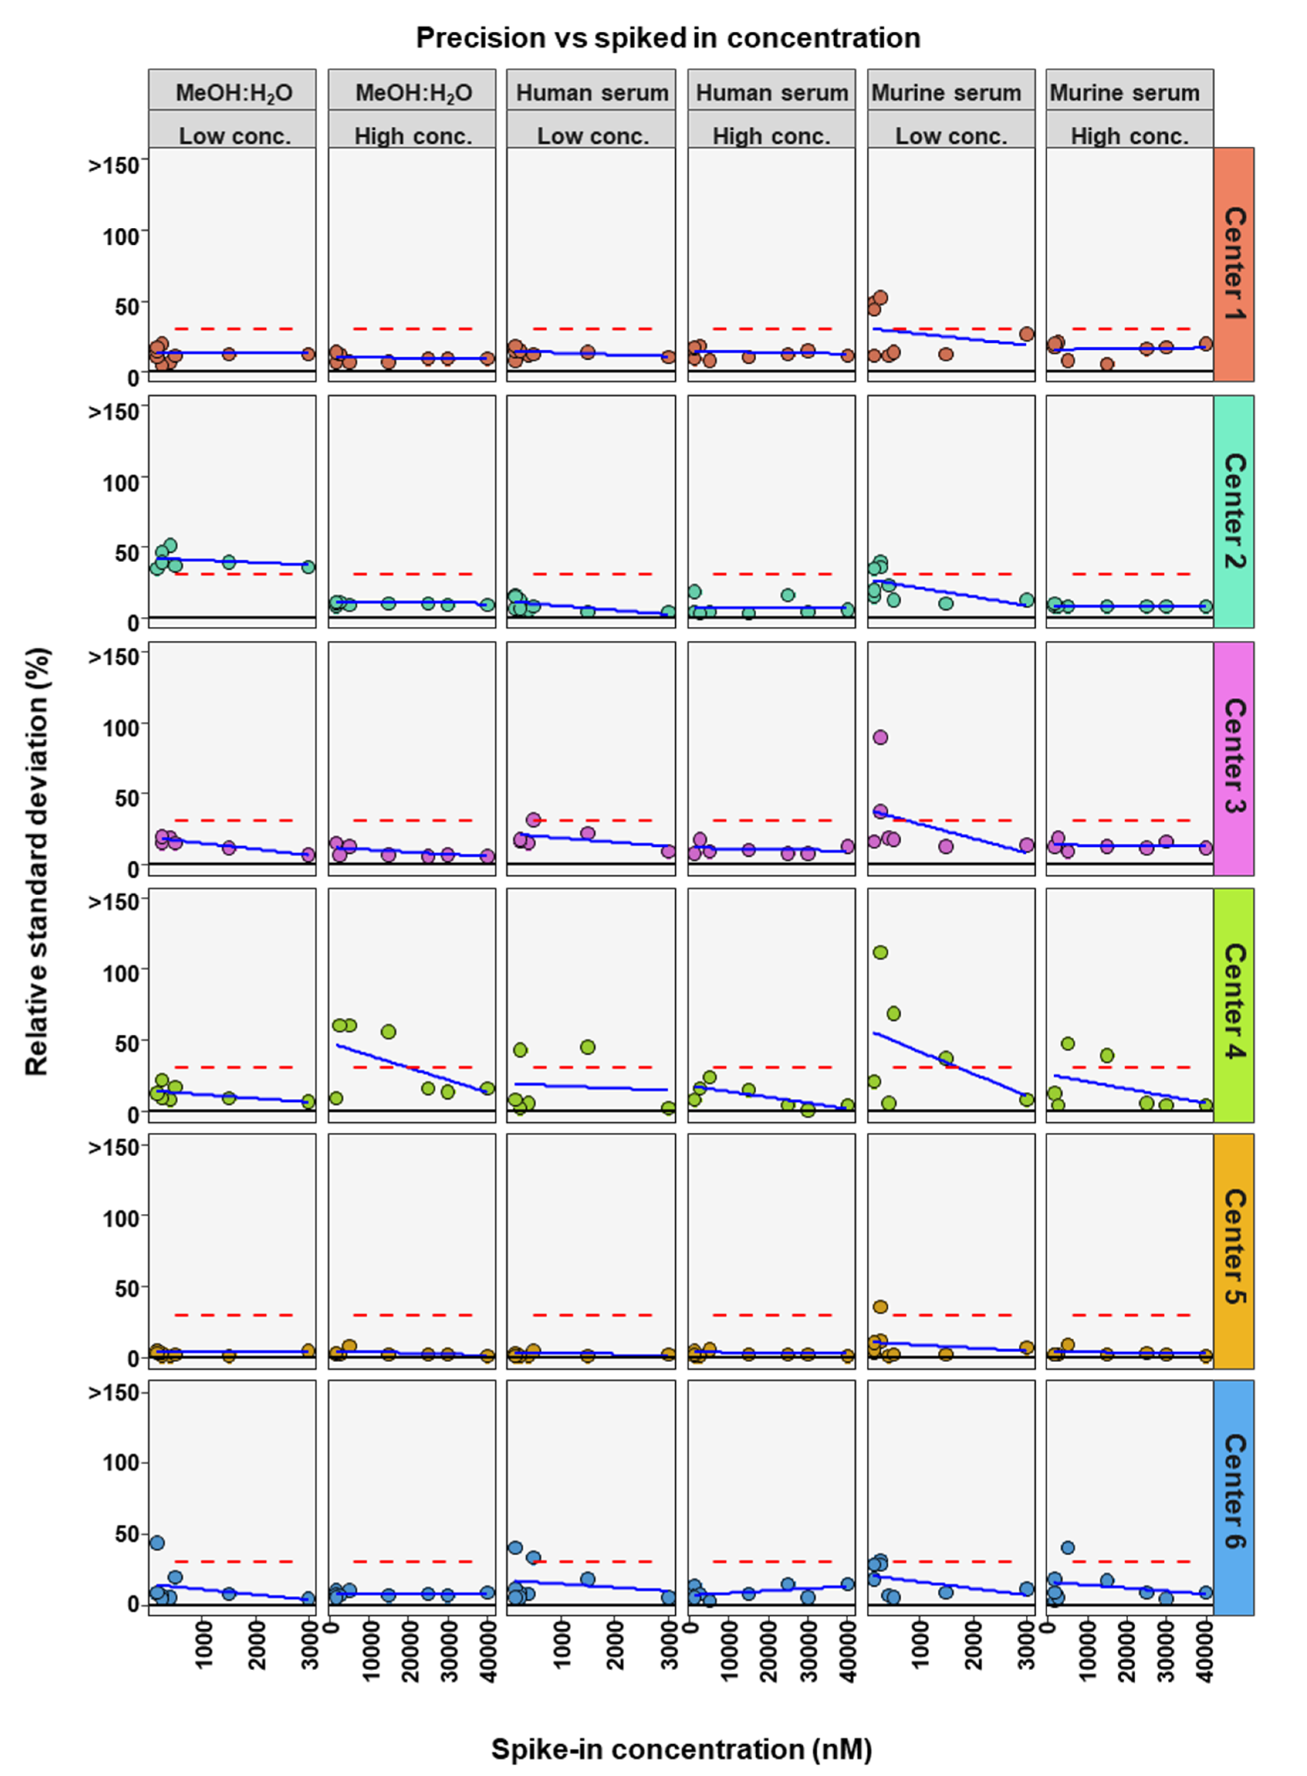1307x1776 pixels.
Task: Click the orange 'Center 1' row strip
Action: coord(1233,264)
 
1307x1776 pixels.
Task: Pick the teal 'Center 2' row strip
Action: coord(1233,511)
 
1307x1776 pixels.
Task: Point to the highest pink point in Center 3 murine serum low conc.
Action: coord(880,737)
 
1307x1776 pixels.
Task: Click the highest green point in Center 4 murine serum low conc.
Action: coord(880,952)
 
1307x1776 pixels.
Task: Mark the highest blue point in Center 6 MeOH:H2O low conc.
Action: coord(157,1543)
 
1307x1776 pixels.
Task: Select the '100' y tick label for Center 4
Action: coord(121,972)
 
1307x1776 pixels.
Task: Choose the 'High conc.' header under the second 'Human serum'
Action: coord(771,136)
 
